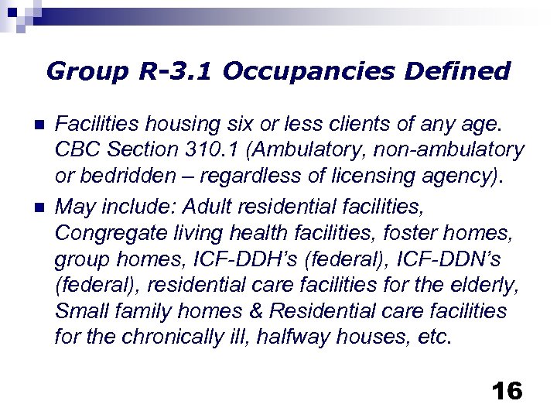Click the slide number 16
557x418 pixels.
tap(507, 390)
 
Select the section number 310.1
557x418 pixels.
tap(216, 149)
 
